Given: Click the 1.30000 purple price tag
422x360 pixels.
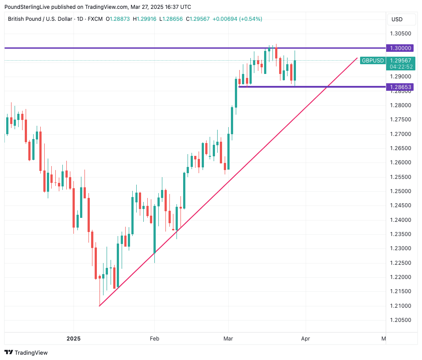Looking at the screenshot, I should click(400, 48).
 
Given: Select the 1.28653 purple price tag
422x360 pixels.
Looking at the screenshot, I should click(400, 87).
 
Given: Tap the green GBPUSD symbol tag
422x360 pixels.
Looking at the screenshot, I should click(372, 61).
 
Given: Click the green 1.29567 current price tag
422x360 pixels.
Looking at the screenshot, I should click(401, 61).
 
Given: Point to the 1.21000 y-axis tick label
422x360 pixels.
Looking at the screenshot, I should click(400, 306).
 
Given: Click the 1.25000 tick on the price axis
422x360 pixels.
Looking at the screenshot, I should click(400, 191).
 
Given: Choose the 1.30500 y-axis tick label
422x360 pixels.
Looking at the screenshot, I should click(400, 34).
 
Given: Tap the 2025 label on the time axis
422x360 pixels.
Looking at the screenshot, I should click(73, 339).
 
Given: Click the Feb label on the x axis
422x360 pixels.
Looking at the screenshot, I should click(154, 339).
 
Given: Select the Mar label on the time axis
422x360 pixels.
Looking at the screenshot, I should click(228, 339).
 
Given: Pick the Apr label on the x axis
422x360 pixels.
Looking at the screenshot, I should click(305, 339).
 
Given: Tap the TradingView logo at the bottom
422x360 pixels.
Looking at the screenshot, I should click(26, 352).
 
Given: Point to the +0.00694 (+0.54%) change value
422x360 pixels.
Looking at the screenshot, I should click(237, 19).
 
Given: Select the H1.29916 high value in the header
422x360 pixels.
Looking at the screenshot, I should click(147, 19).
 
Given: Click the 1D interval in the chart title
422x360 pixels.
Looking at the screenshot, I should click(81, 19).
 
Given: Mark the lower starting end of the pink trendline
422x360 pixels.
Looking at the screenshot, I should click(100, 306).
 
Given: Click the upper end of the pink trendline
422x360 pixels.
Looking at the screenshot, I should click(357, 58).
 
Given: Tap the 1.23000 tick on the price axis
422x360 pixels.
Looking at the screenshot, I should click(400, 248).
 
